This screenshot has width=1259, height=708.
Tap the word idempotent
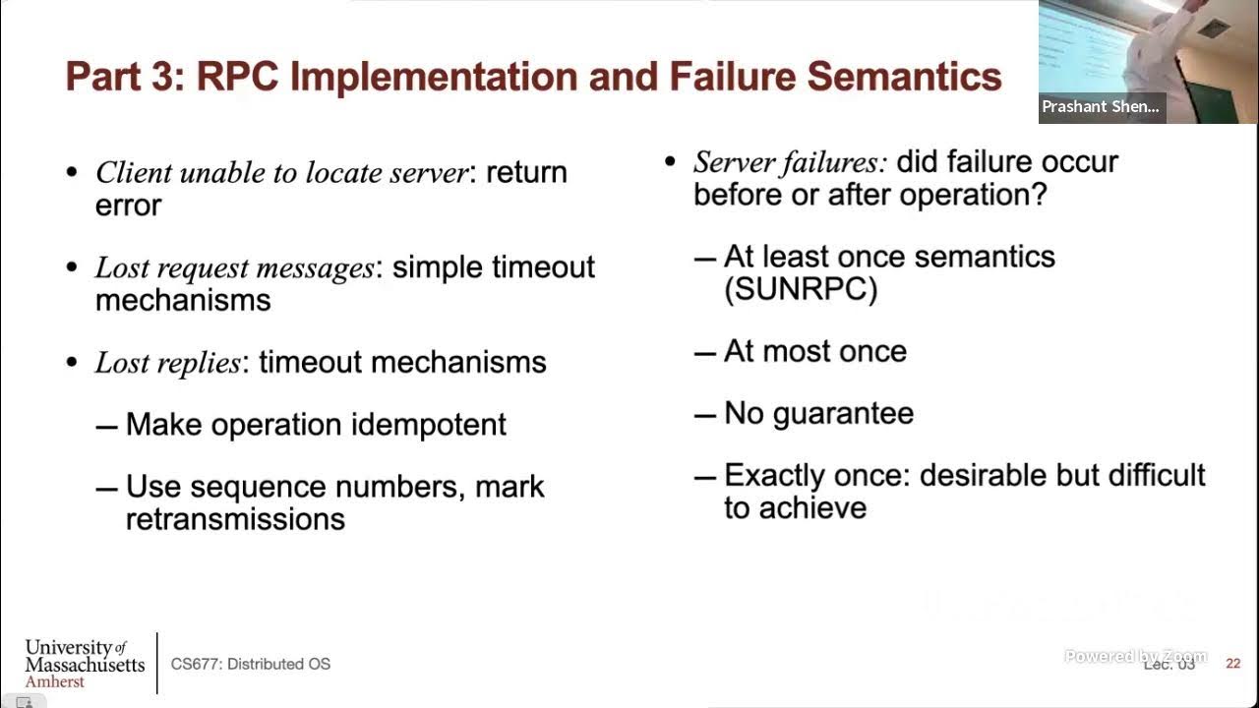[428, 425]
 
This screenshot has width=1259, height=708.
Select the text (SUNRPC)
[801, 289]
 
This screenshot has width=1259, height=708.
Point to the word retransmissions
[235, 519]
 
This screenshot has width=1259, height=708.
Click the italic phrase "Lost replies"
[167, 363]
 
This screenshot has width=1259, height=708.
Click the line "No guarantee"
[818, 413]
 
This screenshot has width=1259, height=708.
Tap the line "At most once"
[814, 351]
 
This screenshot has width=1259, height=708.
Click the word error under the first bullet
[128, 206]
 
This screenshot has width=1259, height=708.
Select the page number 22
[1232, 664]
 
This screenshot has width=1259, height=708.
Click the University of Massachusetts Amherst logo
[85, 663]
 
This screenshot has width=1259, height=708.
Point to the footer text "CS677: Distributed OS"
[251, 664]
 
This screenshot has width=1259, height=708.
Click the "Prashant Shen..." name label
[1101, 107]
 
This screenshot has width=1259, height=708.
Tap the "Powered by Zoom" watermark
[1135, 656]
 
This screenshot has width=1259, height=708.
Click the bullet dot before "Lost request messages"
[72, 268]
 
